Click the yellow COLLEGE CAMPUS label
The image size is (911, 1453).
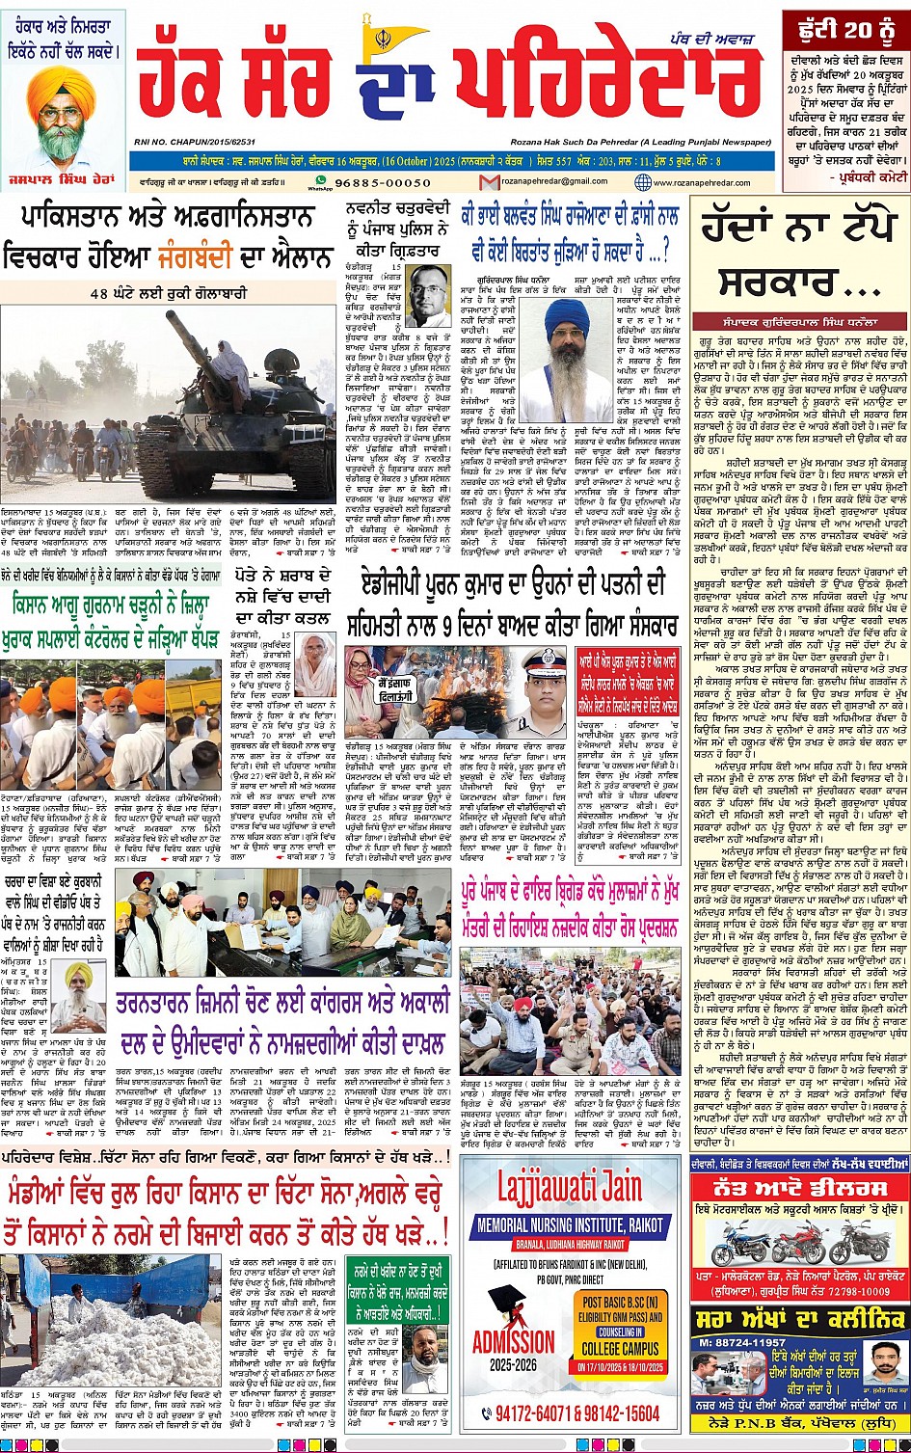pos(620,1348)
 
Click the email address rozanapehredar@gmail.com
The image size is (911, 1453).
pos(537,182)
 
